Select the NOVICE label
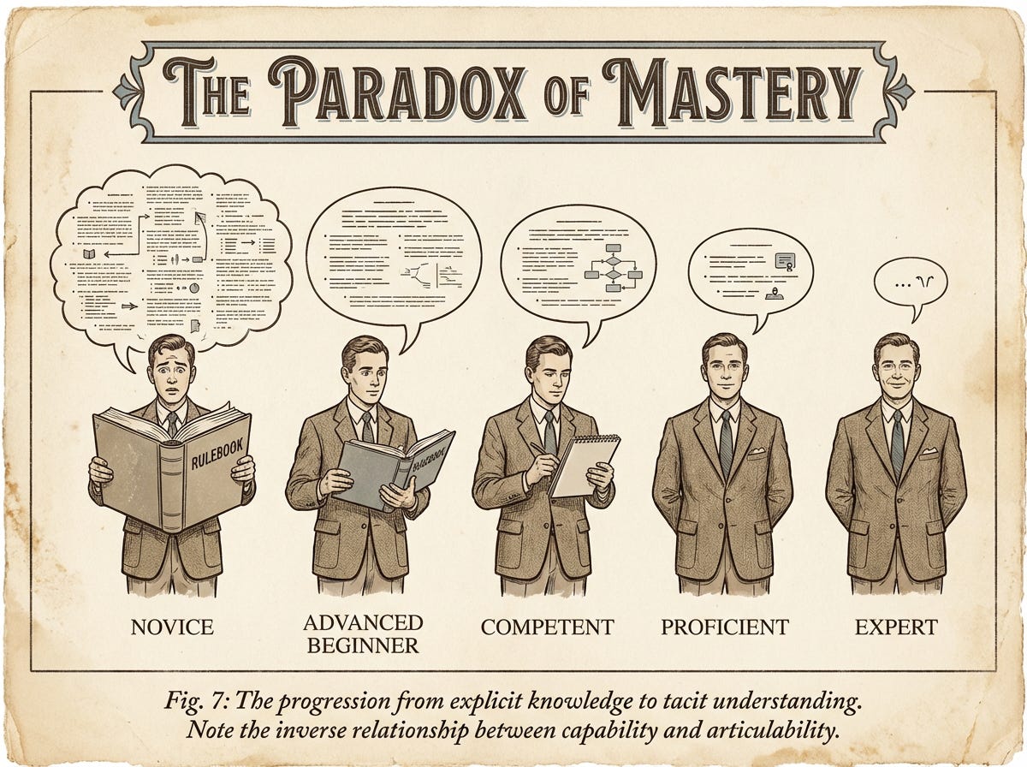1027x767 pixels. (172, 627)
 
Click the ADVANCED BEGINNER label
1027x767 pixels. (365, 633)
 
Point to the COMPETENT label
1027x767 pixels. (547, 627)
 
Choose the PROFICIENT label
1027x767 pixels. (724, 627)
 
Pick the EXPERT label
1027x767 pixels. (896, 627)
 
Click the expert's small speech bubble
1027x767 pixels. (909, 283)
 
